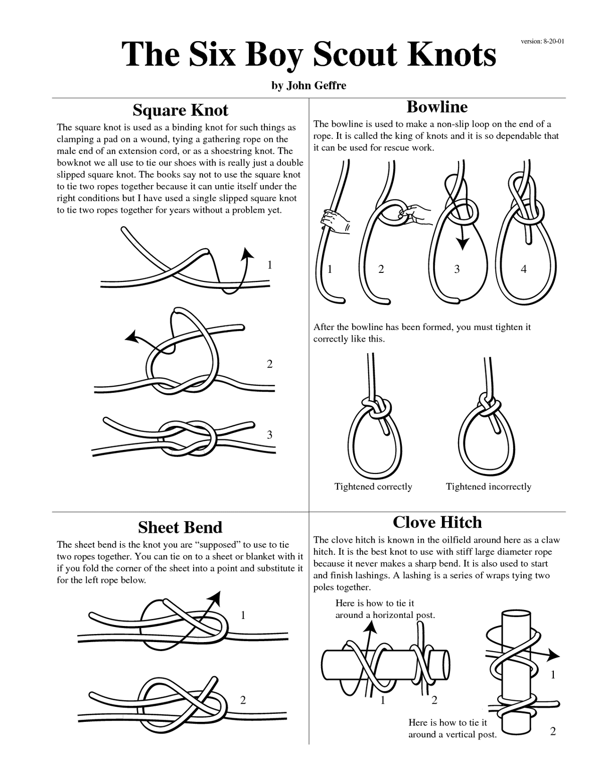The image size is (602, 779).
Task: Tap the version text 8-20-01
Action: pos(542,41)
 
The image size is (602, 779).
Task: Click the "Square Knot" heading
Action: pos(180,110)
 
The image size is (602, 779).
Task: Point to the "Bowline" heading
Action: pos(437,106)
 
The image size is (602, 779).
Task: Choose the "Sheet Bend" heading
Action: pos(180,527)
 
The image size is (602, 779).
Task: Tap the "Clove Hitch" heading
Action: pos(437,522)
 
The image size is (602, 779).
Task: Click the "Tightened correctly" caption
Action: pos(373,487)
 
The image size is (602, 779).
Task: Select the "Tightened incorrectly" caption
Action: pos(488,487)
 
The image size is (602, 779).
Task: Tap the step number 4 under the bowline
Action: pos(524,269)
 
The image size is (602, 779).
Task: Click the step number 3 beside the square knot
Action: pos(269,435)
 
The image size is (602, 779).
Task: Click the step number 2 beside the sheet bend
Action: pos(243,700)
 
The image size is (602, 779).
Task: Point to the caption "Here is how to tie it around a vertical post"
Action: pos(452,728)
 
